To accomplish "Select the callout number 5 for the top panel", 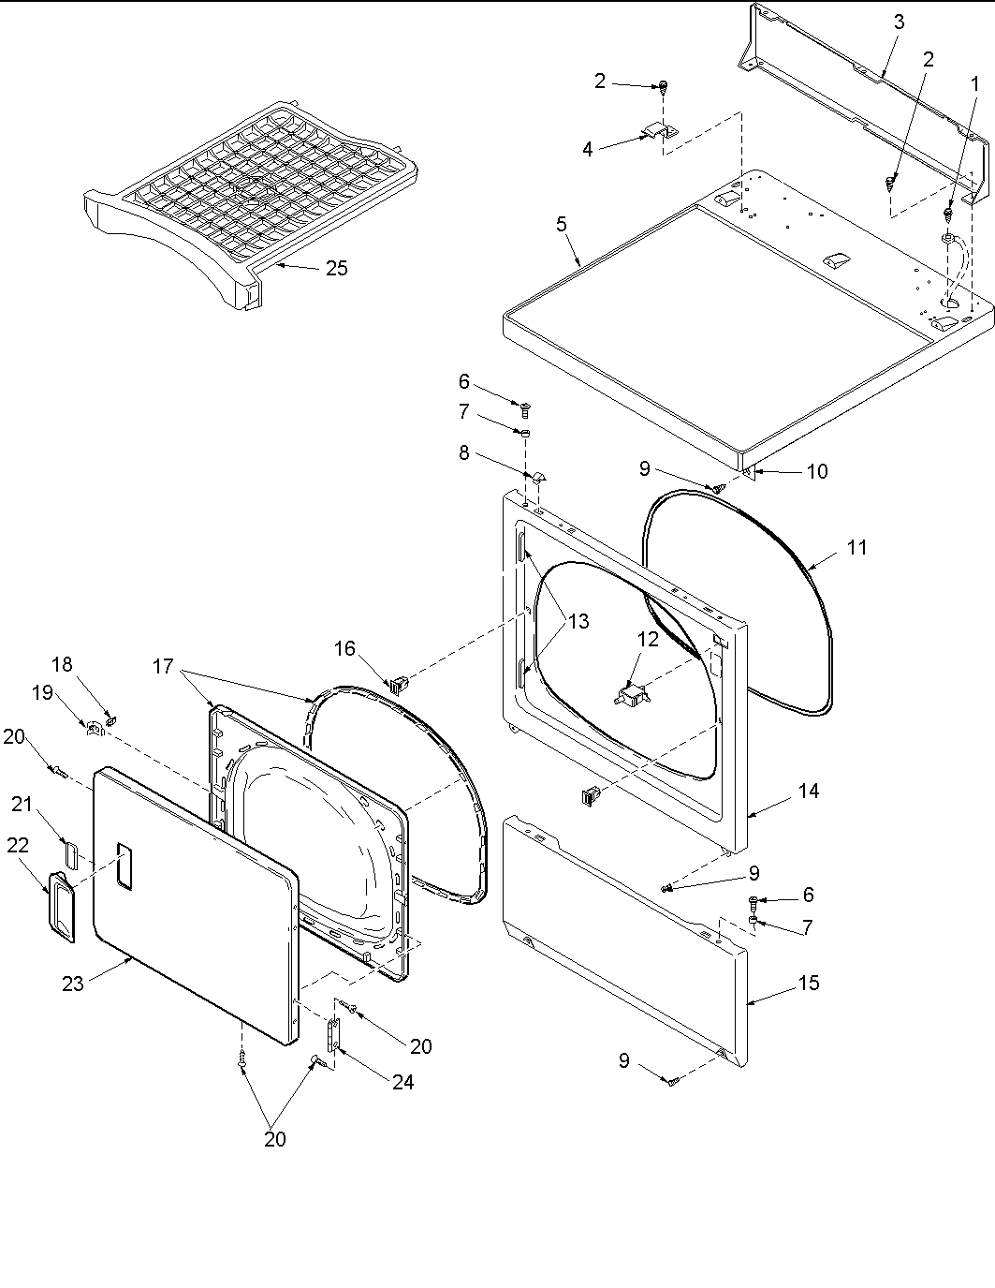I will pyautogui.click(x=562, y=224).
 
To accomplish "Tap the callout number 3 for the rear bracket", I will pyautogui.click(x=899, y=22).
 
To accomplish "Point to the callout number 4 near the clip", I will pyautogui.click(x=588, y=149).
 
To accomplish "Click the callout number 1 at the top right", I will pyautogui.click(x=974, y=83).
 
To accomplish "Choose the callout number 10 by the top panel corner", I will pyautogui.click(x=816, y=471).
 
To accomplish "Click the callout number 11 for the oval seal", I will pyautogui.click(x=856, y=548).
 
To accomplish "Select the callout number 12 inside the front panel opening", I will pyautogui.click(x=648, y=640).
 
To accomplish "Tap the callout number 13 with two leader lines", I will pyautogui.click(x=578, y=621).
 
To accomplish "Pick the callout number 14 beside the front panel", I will pyautogui.click(x=808, y=792).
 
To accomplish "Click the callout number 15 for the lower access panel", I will pyautogui.click(x=808, y=983).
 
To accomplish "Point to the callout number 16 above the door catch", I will pyautogui.click(x=344, y=648).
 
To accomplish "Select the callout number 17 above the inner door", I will pyautogui.click(x=163, y=666).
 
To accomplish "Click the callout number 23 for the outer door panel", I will pyautogui.click(x=73, y=983).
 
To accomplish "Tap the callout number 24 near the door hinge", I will pyautogui.click(x=403, y=1082).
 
